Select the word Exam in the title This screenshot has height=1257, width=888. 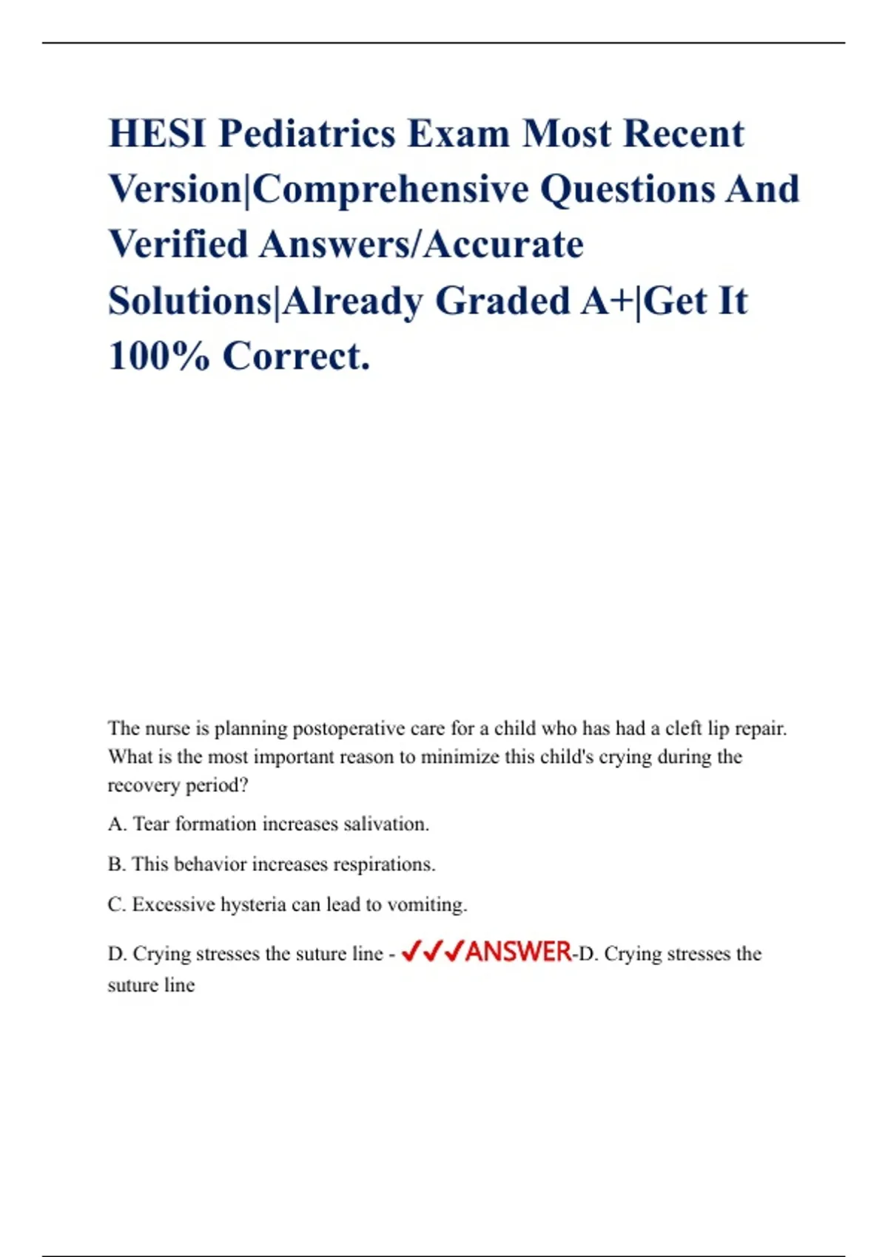point(459,135)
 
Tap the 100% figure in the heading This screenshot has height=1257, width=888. point(158,356)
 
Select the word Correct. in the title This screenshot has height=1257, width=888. point(296,356)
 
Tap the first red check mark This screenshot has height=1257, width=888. point(411,951)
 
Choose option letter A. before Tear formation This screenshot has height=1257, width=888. point(117,824)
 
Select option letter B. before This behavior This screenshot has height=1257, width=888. point(116,864)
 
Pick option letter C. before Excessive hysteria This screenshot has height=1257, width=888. point(116,904)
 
